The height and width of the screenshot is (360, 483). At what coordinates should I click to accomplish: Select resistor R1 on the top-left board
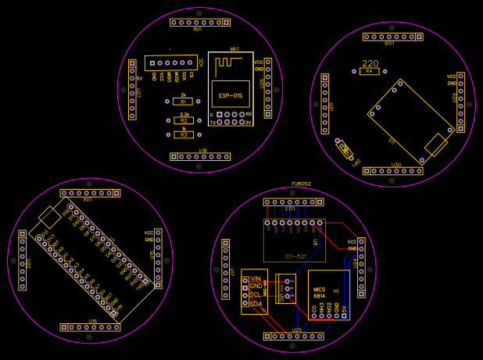coord(183,102)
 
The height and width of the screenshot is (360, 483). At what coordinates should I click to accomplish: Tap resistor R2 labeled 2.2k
coord(183,120)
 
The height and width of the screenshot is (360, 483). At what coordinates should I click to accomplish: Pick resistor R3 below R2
coord(183,134)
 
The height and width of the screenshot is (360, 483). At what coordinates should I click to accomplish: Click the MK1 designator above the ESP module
coord(234,48)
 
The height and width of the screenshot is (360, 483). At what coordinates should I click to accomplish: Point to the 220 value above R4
coord(370,63)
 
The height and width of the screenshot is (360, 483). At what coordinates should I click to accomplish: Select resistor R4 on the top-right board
coord(370,71)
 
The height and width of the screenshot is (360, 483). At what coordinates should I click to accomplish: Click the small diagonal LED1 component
coord(345,149)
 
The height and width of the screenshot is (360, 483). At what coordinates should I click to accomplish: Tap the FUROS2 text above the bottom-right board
coord(301,184)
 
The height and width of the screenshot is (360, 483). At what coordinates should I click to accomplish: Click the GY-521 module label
coord(295,256)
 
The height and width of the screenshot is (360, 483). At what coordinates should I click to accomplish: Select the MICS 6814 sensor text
coord(319,293)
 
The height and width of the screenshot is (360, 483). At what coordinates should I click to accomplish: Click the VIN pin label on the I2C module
coord(256,279)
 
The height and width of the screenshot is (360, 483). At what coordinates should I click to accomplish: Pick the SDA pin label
coord(256,303)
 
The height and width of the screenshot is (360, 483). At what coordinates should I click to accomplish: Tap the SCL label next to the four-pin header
coord(256,295)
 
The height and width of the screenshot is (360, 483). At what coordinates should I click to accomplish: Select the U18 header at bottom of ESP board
coord(202,156)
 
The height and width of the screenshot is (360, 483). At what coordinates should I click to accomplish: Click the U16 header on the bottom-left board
coord(91,327)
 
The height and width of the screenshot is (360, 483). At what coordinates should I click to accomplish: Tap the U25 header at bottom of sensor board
coord(294,337)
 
